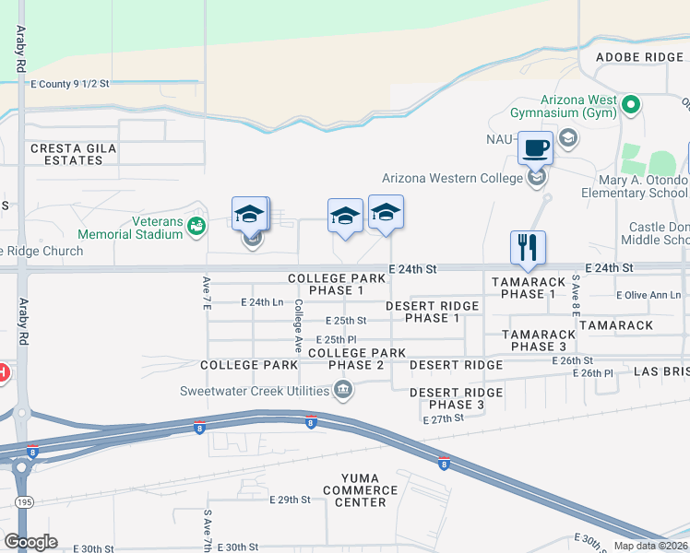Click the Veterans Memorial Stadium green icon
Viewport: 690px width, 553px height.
(196, 225)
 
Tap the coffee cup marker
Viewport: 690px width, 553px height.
(536, 147)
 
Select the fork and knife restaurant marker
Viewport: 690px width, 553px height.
(528, 246)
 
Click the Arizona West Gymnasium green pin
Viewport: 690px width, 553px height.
(631, 103)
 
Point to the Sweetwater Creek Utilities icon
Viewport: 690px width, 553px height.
(343, 390)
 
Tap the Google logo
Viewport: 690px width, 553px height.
(30, 542)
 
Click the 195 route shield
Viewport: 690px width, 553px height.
(25, 501)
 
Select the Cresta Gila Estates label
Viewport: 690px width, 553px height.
(66, 154)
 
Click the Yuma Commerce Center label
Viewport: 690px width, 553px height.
(361, 496)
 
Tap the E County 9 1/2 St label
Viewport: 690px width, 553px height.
(70, 84)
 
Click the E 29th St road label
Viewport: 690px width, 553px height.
(291, 500)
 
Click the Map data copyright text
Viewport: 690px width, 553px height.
(650, 546)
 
